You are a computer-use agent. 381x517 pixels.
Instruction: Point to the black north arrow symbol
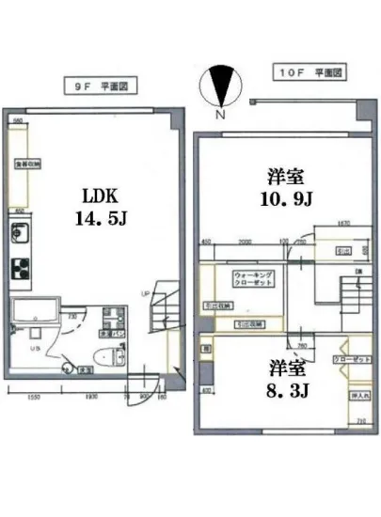tap(219, 86)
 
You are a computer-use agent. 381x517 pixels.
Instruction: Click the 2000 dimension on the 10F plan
tap(244, 242)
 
